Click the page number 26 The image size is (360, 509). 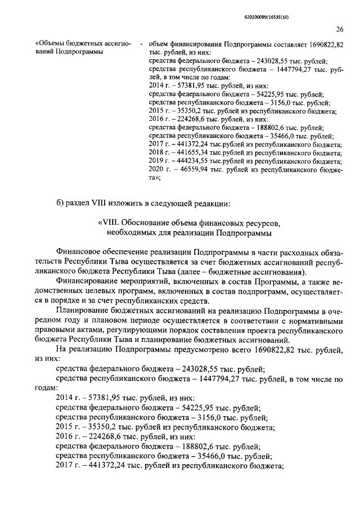(x=340, y=30)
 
